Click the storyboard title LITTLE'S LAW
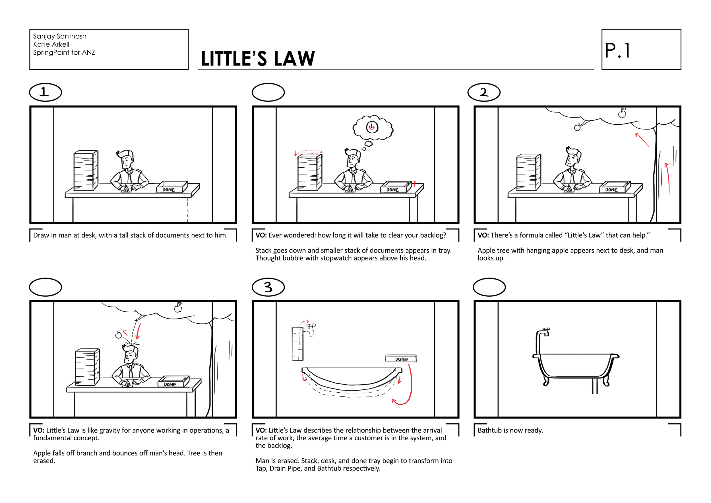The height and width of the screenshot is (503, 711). (258, 59)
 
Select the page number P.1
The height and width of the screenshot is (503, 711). (617, 50)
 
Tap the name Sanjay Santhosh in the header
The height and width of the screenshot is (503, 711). (59, 36)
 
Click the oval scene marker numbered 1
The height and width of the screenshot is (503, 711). (46, 92)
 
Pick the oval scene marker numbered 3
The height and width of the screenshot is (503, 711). (268, 287)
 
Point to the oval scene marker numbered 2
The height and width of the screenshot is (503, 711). (484, 92)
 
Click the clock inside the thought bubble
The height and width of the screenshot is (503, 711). (372, 127)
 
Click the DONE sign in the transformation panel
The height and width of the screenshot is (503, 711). (401, 359)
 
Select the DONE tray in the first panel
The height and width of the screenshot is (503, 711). (172, 187)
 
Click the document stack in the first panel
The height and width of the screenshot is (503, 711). (86, 171)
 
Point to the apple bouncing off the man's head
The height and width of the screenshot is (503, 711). (118, 335)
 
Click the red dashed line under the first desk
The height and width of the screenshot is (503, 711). (188, 210)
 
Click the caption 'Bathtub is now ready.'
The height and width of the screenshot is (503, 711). (510, 430)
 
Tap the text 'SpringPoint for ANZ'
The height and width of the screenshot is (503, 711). (64, 52)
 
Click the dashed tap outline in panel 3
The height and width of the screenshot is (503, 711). (311, 329)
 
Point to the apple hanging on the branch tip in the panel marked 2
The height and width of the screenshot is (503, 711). (577, 127)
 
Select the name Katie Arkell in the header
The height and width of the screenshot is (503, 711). (51, 44)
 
